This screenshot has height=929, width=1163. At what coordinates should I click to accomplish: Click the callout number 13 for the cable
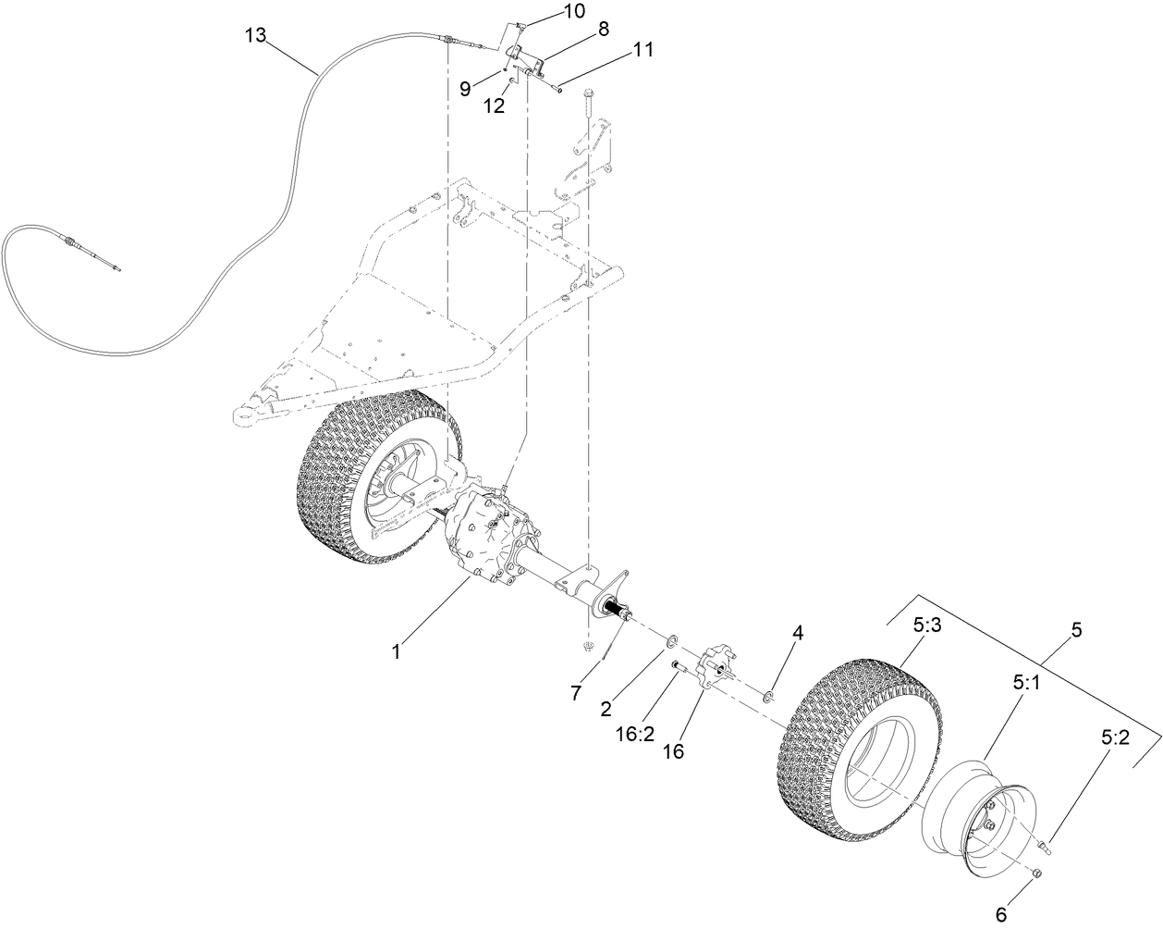point(255,35)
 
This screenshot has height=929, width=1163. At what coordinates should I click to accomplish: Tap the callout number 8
point(603,29)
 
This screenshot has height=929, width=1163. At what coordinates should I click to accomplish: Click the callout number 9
point(466,88)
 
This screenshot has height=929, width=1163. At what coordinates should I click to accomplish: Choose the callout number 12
point(495,105)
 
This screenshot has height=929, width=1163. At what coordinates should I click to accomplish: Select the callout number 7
point(576,692)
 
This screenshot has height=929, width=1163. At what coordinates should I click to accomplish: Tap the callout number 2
point(606,710)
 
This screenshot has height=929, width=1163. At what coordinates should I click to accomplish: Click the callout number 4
point(798,634)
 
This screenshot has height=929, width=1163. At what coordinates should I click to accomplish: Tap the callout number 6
point(999,914)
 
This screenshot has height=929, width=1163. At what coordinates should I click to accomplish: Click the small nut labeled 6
point(1036,873)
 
